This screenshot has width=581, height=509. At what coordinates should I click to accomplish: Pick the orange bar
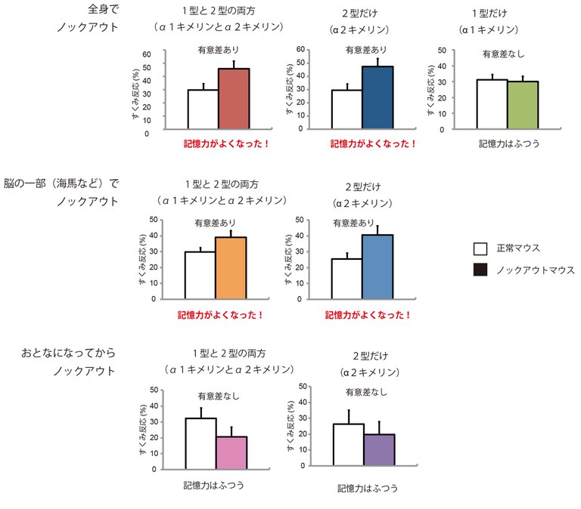(231, 268)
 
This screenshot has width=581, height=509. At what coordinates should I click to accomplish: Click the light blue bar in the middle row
(377, 267)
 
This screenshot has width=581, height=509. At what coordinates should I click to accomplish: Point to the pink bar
(231, 452)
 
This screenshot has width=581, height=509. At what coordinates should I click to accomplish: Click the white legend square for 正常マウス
(479, 248)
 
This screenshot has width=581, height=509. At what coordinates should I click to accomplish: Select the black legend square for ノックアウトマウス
(479, 270)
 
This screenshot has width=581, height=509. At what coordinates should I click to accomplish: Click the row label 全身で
(103, 10)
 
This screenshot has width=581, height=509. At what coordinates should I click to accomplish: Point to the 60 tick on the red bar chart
(147, 54)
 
